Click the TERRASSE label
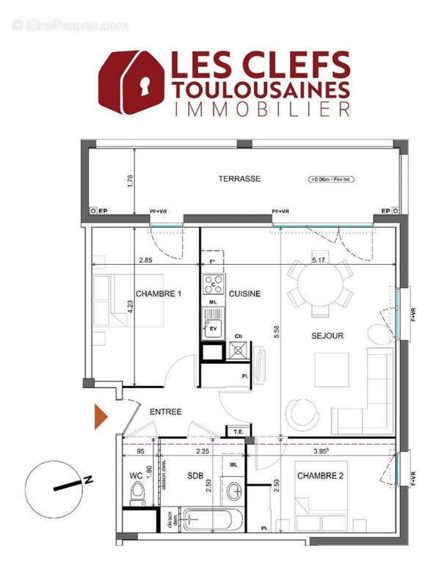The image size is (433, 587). coord(239,178)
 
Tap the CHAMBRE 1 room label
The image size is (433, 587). coord(158,293)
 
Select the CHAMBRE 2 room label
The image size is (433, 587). coord(321,476)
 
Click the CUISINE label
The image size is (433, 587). coord(244,293)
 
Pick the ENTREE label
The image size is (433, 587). coord(166,412)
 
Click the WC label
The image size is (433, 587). coord(135,476)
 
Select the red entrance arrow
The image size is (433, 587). coord(101,416)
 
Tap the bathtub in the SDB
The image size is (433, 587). coord(211,519)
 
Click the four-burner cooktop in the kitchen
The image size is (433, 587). coord(214,283)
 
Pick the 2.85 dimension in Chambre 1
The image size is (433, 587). coord(145,260)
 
